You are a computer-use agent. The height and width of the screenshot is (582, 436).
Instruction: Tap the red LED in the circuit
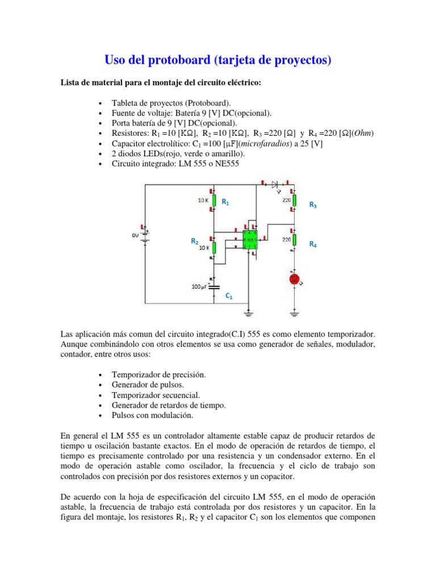[294, 278]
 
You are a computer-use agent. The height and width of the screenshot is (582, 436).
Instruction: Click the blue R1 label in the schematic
[225, 202]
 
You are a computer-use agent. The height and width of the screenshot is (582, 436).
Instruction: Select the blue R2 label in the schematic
[194, 242]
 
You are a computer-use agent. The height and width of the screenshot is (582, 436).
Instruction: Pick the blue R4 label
[313, 244]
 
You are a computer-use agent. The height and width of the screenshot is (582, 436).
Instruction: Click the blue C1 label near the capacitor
[229, 297]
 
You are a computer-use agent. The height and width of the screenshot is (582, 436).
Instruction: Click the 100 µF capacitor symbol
[214, 287]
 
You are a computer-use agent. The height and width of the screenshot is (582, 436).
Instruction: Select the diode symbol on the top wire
[276, 184]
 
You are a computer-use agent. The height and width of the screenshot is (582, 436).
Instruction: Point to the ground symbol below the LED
[294, 311]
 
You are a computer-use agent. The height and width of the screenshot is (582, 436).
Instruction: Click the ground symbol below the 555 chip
[248, 311]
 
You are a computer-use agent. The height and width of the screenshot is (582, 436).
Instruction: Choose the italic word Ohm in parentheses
[363, 134]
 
